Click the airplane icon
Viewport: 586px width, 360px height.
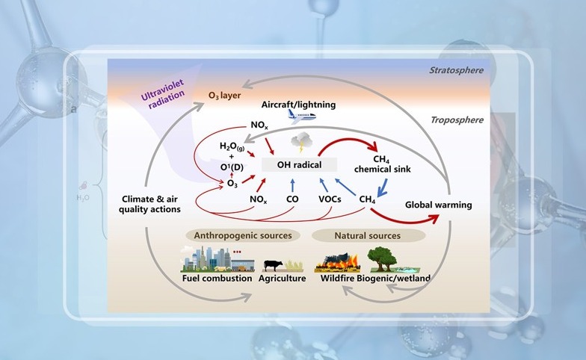302,115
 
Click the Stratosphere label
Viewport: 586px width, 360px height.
455,71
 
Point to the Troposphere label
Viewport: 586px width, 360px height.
456,120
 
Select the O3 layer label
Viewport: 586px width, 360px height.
228,96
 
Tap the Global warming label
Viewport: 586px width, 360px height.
438,204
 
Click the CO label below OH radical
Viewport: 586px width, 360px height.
294,199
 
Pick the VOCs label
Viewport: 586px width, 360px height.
330,199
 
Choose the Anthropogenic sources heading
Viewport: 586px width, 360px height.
243,236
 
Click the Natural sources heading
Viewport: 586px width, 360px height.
367,236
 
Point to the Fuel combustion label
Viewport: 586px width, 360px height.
215,279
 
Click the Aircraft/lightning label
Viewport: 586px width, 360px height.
299,105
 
